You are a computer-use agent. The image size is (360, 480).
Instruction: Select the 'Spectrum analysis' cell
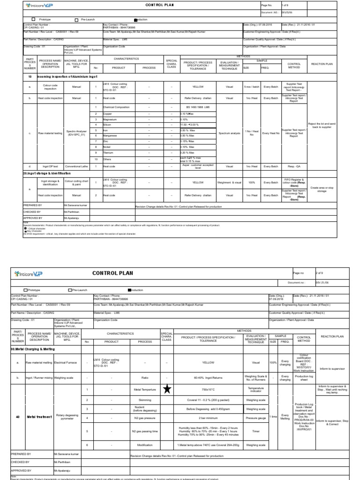pos(229,134)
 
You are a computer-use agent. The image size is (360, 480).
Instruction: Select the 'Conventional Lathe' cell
pos(74,166)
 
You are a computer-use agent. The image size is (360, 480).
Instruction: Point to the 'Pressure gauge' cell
pos(256,417)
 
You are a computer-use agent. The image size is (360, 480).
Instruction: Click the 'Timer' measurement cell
pos(256,431)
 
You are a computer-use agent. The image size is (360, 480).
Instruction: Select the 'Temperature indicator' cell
pos(256,390)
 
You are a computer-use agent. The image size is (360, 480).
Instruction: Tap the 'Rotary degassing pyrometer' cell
pos(67,417)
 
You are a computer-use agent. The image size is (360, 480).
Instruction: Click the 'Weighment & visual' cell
pos(229,182)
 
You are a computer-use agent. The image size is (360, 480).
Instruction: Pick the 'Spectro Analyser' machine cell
pos(74,134)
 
